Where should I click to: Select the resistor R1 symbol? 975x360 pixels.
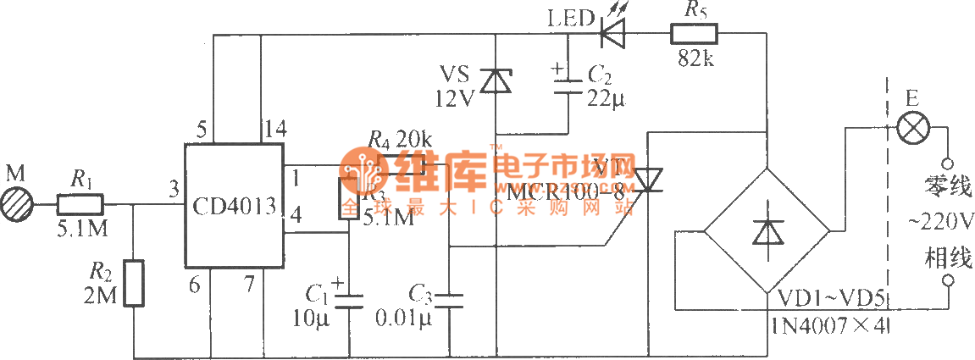pos(80,204)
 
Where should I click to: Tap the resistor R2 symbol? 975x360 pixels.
pos(134,283)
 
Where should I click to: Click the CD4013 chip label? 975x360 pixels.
pos(233,206)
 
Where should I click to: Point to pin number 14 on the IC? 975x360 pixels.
pos(274,130)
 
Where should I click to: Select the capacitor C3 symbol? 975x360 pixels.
pos(449,299)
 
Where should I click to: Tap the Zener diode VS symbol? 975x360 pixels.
pos(495,80)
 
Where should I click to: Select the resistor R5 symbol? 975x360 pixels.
pos(694,35)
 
